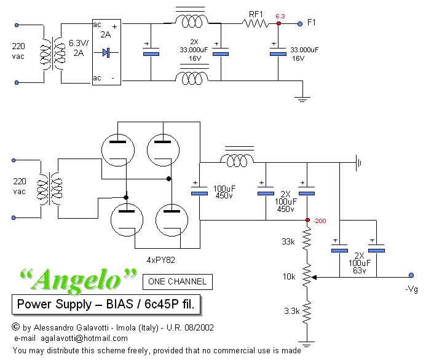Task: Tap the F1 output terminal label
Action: (x=312, y=23)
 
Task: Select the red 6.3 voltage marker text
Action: (x=280, y=16)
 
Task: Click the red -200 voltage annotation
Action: (x=320, y=221)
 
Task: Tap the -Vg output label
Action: (x=412, y=289)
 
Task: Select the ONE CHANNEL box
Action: (x=178, y=282)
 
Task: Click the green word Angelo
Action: (x=77, y=280)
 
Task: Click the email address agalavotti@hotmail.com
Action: (x=85, y=338)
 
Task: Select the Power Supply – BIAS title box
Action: (x=106, y=304)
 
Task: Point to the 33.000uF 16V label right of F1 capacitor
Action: (x=304, y=54)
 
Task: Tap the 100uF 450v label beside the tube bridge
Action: (x=223, y=190)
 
